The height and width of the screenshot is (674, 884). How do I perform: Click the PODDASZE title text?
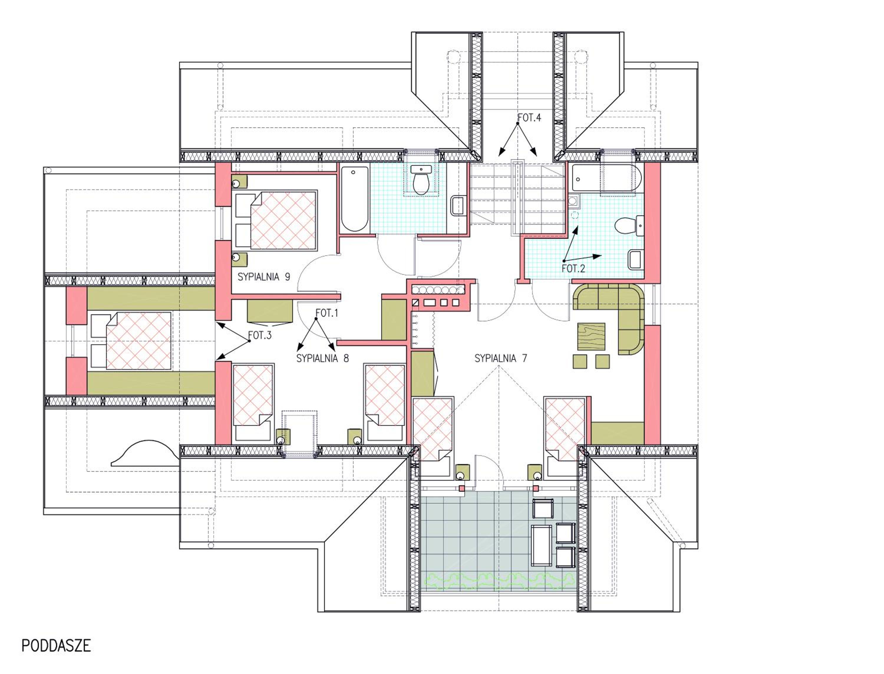[x=56, y=645]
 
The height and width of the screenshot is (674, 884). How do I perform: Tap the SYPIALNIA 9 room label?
[x=264, y=277]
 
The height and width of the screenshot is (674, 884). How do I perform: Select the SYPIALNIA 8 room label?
[x=322, y=358]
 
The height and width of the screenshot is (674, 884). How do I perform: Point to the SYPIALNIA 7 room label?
[x=501, y=358]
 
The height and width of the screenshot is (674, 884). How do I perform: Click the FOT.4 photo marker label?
[x=529, y=118]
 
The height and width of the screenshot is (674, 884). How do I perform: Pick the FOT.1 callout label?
[x=327, y=313]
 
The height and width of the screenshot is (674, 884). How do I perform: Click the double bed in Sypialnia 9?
[x=277, y=221]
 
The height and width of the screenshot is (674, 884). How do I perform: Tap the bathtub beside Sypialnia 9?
[x=354, y=199]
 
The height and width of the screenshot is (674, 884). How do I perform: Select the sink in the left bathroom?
[x=457, y=206]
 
